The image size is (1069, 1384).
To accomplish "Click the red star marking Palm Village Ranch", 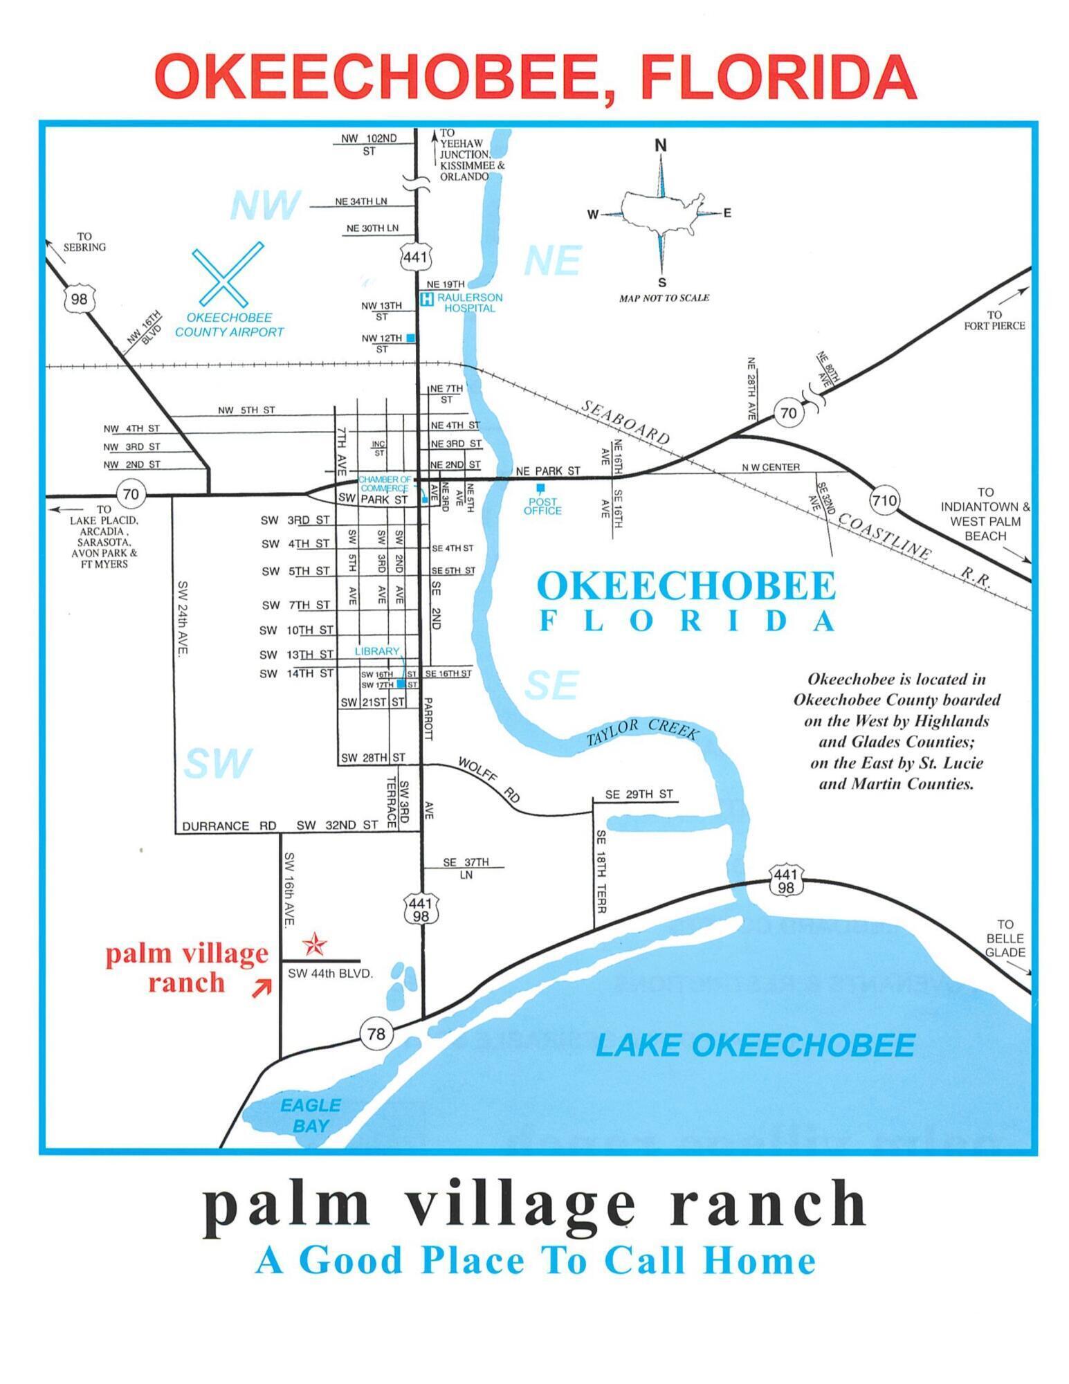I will tap(316, 944).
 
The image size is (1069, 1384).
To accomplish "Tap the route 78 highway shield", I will tap(376, 1034).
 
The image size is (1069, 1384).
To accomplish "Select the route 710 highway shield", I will tap(884, 500).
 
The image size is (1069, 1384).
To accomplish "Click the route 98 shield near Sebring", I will tap(79, 299).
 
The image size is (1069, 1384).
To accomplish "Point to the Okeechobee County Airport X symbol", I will tap(228, 274).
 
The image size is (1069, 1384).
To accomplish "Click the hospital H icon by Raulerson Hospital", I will tap(428, 299).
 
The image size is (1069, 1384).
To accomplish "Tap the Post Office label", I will tap(542, 507).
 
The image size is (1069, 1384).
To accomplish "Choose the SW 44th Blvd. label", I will tap(330, 973).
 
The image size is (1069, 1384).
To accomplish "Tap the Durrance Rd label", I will tap(229, 826).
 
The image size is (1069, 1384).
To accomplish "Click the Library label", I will tap(377, 651).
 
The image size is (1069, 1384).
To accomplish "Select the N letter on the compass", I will tap(661, 145).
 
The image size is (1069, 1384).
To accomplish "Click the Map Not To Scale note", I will tap(664, 298).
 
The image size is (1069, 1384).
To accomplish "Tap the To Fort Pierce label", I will tap(994, 320).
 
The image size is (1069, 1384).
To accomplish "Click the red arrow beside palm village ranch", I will tap(261, 989).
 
